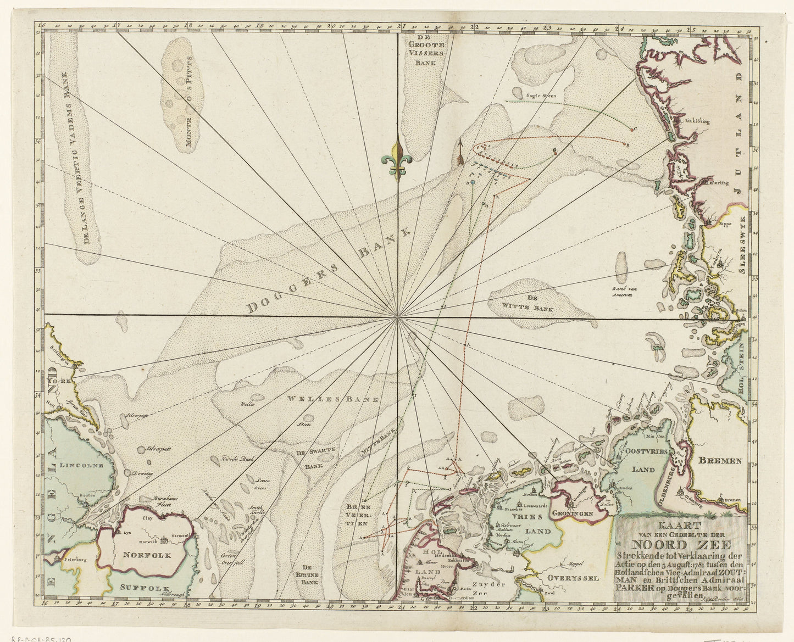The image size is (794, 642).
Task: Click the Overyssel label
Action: tap(572, 578)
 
